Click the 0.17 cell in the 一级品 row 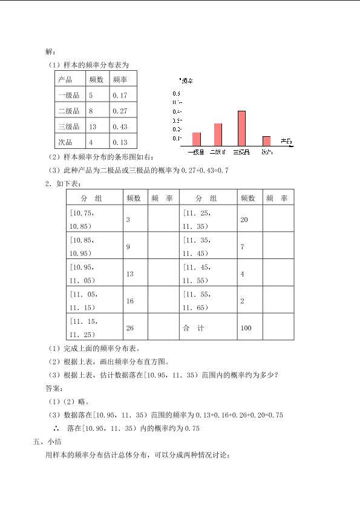[x=120, y=96]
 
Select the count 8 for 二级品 [x=91, y=111]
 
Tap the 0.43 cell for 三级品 [x=120, y=127]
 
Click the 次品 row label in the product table [x=65, y=143]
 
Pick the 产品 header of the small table [x=65, y=80]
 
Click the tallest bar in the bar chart [x=241, y=128]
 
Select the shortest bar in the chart [x=265, y=141]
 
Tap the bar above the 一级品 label [x=196, y=139]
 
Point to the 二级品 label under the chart [x=218, y=152]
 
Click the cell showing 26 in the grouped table [x=129, y=328]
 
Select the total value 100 [x=246, y=328]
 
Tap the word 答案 [x=54, y=388]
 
